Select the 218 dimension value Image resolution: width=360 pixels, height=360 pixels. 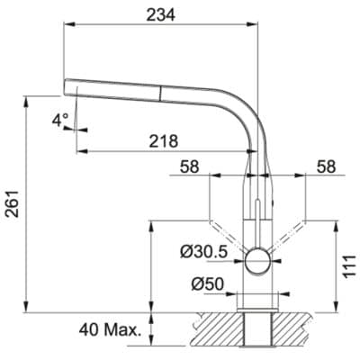(163, 140)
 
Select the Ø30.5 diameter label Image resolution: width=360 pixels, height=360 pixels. (203, 251)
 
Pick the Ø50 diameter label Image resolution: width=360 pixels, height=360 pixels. (209, 286)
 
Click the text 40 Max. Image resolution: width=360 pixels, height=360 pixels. (111, 330)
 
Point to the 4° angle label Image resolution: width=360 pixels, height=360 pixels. (59, 120)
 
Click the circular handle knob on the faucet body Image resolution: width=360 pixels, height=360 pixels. (257, 262)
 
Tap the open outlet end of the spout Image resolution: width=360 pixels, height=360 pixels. (66, 86)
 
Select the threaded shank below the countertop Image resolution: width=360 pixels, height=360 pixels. (257, 332)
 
